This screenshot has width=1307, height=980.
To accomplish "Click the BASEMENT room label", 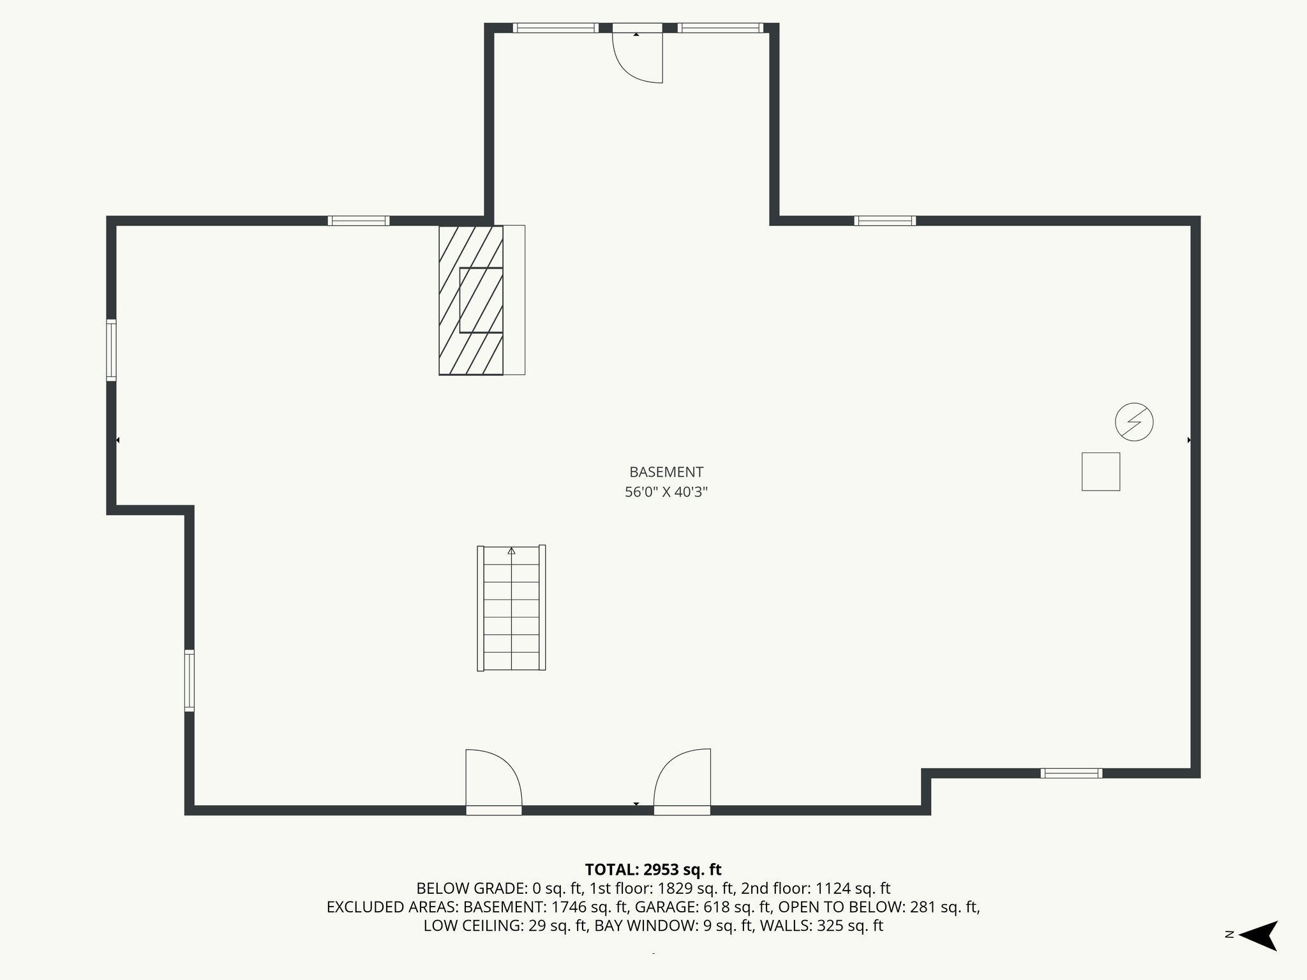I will point(666,472).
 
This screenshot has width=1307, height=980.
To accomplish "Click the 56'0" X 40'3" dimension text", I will point(666,492).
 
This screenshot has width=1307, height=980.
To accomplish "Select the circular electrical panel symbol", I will point(1134,422).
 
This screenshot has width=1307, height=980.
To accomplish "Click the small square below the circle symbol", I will point(1100,471).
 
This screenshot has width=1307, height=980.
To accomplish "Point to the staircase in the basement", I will point(511,607).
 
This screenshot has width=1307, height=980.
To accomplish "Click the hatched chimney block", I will point(471,300).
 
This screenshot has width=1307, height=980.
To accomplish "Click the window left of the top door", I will point(555,28).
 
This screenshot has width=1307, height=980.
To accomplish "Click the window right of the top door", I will point(720,28).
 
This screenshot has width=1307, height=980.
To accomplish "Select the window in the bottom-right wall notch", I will point(1072,773).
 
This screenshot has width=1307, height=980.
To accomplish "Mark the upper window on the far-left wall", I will point(111,350).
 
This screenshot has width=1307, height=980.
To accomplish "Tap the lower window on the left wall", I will point(189,680).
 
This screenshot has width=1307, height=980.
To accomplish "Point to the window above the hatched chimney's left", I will point(359,221).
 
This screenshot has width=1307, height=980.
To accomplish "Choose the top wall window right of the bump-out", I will point(885,221).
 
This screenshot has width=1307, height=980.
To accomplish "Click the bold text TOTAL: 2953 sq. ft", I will point(653,870).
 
